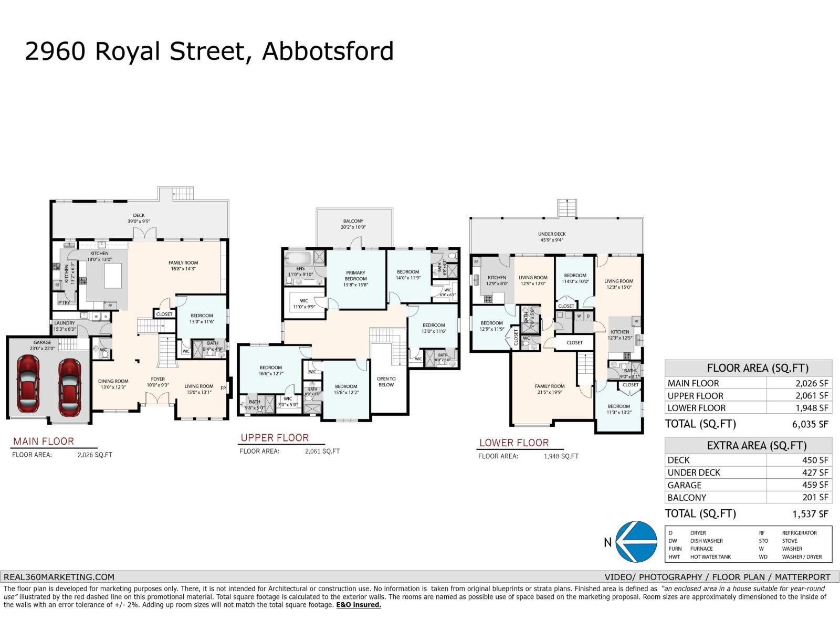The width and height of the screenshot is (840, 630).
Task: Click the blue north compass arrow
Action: point(636,542)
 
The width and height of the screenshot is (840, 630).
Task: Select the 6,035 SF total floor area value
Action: point(811,424)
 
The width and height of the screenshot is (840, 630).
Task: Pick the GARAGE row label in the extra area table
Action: point(684,485)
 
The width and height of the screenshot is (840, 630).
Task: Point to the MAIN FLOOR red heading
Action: point(44,442)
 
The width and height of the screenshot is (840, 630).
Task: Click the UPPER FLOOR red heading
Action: point(275,438)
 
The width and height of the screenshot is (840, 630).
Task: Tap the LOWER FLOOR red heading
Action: point(514,443)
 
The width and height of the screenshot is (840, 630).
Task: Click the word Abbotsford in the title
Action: point(328,51)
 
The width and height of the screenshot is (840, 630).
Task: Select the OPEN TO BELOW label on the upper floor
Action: point(386,382)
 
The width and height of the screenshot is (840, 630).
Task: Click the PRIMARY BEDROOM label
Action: point(355,276)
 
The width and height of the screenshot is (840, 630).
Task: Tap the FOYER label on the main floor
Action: point(157,379)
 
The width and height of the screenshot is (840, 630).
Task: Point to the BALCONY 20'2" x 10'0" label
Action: point(354,224)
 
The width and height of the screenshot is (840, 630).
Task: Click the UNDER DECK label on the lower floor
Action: point(552,234)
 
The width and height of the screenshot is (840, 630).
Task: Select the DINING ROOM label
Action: point(113,381)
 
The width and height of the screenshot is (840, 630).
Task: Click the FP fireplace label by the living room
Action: point(223,388)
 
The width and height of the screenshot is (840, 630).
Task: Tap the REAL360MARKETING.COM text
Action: point(59,576)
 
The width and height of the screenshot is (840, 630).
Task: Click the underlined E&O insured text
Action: point(359,605)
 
